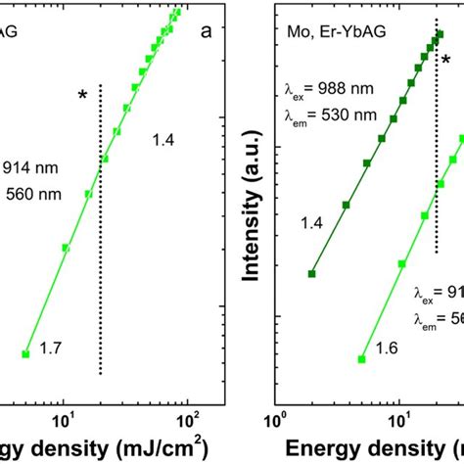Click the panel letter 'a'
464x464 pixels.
coord(207,30)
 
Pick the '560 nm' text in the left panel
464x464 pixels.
coord(39,193)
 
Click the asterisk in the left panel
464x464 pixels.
coord(84,95)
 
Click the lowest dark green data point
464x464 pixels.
coord(312,274)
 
